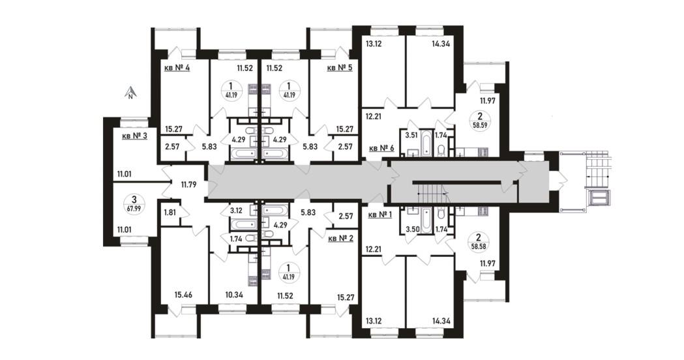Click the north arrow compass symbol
pos(130,93)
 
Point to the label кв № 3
pos(134,136)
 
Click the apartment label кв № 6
pos(381,148)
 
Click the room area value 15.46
pos(183,295)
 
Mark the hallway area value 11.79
pos(188,184)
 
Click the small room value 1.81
pos(170,213)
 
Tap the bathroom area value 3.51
pos(412,135)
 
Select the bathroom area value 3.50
pos(412,229)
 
